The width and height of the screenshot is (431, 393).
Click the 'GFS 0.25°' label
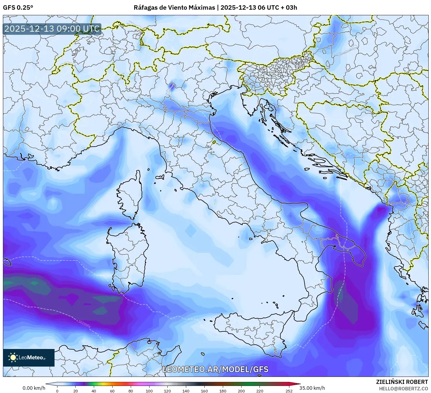point(18,8)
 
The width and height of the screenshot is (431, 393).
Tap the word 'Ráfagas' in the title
point(144,8)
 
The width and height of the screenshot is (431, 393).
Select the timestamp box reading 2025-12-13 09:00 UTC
point(52,29)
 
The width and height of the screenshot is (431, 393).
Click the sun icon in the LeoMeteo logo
point(13,357)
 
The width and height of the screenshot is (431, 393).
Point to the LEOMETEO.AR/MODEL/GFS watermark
point(215,369)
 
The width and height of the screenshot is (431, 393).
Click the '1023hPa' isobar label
point(84,324)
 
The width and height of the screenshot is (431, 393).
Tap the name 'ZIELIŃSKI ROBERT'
point(402,382)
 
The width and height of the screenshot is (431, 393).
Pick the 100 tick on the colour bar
point(149,391)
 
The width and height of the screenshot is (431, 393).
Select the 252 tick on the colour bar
point(289,391)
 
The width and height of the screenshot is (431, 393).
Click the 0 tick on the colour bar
point(57,391)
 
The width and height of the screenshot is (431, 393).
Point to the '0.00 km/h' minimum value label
point(34,388)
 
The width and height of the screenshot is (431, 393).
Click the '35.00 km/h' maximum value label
point(312,388)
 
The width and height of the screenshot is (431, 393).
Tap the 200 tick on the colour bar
point(241,391)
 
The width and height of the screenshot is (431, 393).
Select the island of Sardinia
point(129,255)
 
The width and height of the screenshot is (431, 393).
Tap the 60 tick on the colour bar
point(112,391)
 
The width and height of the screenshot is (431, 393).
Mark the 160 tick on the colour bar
point(204,391)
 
